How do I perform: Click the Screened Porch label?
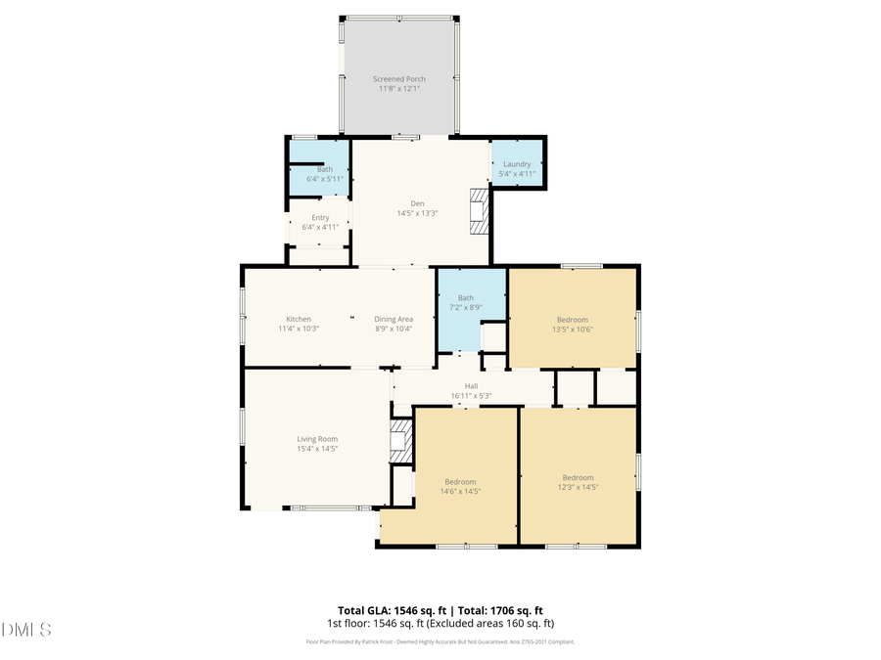pos(398,78)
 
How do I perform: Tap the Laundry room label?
pos(517,164)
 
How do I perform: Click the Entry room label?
pos(320,217)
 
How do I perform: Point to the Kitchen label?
pos(299,319)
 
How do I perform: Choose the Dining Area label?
pos(394,319)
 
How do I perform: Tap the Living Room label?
pos(317,439)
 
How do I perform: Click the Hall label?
pos(471,385)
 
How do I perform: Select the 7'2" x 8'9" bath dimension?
pos(466,307)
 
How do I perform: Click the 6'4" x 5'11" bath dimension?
pos(324,179)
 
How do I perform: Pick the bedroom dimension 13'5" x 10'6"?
pos(573,329)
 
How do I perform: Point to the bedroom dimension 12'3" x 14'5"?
pos(578,486)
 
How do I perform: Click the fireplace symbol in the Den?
pos(479,211)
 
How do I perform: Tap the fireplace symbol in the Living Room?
pos(399,441)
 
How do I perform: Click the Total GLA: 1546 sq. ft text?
pos(387,609)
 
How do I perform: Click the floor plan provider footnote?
pos(440,641)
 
